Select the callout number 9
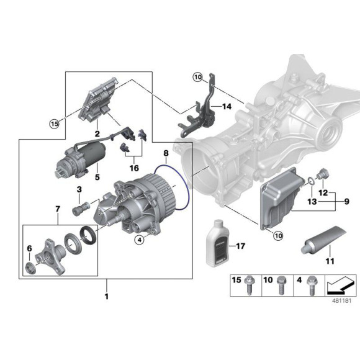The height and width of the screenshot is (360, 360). pyautogui.click(x=347, y=202)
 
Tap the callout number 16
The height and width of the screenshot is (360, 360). pyautogui.click(x=133, y=167)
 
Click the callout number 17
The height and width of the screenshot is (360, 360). pyautogui.click(x=240, y=246)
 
